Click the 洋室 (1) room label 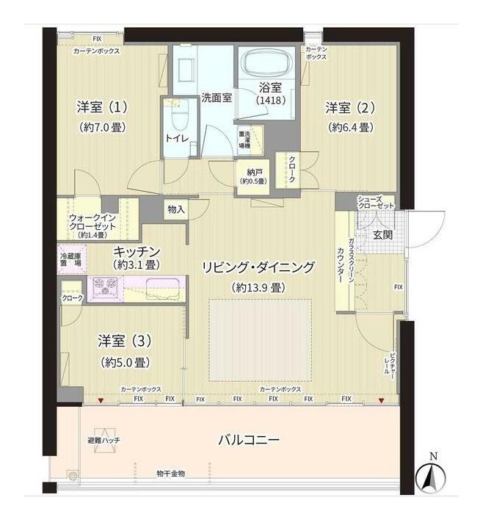point(103,107)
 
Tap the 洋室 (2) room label point(350,107)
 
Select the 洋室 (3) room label point(124,341)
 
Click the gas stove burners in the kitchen point(104,285)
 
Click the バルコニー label point(248,441)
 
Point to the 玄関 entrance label point(382,235)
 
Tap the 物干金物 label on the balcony point(170,474)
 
